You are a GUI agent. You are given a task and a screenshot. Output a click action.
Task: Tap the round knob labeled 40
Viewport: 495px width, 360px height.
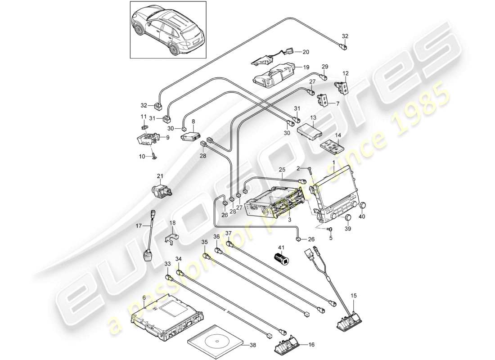(x=363, y=205)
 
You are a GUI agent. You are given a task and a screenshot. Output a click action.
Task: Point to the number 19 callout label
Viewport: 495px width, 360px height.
(x=306, y=67)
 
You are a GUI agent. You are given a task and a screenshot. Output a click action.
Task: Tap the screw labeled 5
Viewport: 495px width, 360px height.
(x=329, y=230)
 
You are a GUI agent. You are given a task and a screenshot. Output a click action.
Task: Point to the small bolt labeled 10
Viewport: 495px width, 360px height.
(x=154, y=155)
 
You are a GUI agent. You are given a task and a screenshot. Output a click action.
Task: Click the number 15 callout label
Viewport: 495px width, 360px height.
(x=353, y=296)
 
